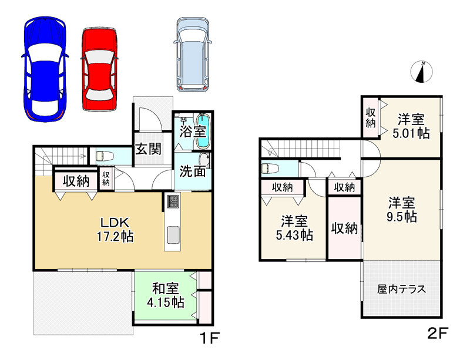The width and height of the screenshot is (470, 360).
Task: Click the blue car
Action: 45,67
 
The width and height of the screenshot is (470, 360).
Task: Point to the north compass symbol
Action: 421,71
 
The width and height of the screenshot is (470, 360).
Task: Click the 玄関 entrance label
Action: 149,149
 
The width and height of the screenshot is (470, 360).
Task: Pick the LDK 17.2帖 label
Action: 115,230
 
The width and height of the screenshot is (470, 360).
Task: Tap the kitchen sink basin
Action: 173,236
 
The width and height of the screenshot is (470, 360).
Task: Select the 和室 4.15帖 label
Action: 165,295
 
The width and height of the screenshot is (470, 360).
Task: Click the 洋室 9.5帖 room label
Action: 402,210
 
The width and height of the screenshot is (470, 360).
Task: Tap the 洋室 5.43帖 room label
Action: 296,228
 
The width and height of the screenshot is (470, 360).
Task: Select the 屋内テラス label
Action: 401,290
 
